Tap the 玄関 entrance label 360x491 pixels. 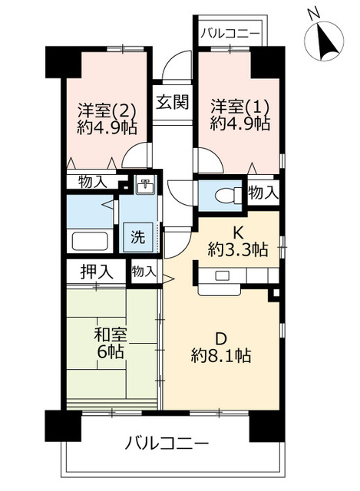click(173, 101)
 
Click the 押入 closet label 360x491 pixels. click(97, 271)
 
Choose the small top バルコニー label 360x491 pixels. click(230, 33)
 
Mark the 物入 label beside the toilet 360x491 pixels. click(263, 193)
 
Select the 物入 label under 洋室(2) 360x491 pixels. click(92, 182)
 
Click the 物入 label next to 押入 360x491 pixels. click(144, 271)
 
